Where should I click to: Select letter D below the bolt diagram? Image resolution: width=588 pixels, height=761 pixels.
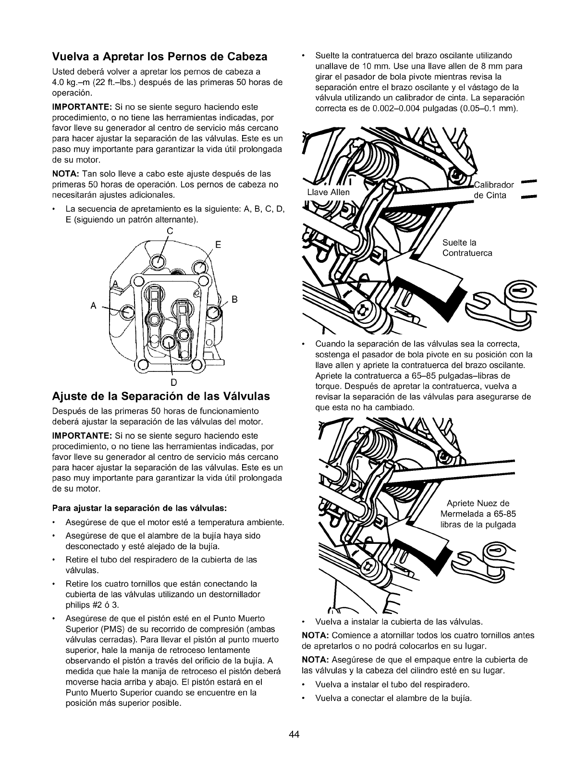[x=174, y=382]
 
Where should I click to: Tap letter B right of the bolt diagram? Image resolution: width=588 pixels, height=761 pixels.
[x=234, y=300]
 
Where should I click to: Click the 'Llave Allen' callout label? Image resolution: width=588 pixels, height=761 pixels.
[x=329, y=192]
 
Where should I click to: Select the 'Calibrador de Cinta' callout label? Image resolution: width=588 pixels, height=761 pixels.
[x=493, y=190]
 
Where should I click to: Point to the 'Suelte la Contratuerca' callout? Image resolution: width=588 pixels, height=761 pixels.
[x=467, y=247]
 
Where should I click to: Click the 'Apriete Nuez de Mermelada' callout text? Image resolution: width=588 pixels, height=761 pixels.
[x=478, y=514]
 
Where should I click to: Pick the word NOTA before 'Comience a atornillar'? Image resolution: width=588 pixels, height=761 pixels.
[x=314, y=635]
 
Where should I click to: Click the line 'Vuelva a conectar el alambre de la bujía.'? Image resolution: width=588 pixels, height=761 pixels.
[x=393, y=698]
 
